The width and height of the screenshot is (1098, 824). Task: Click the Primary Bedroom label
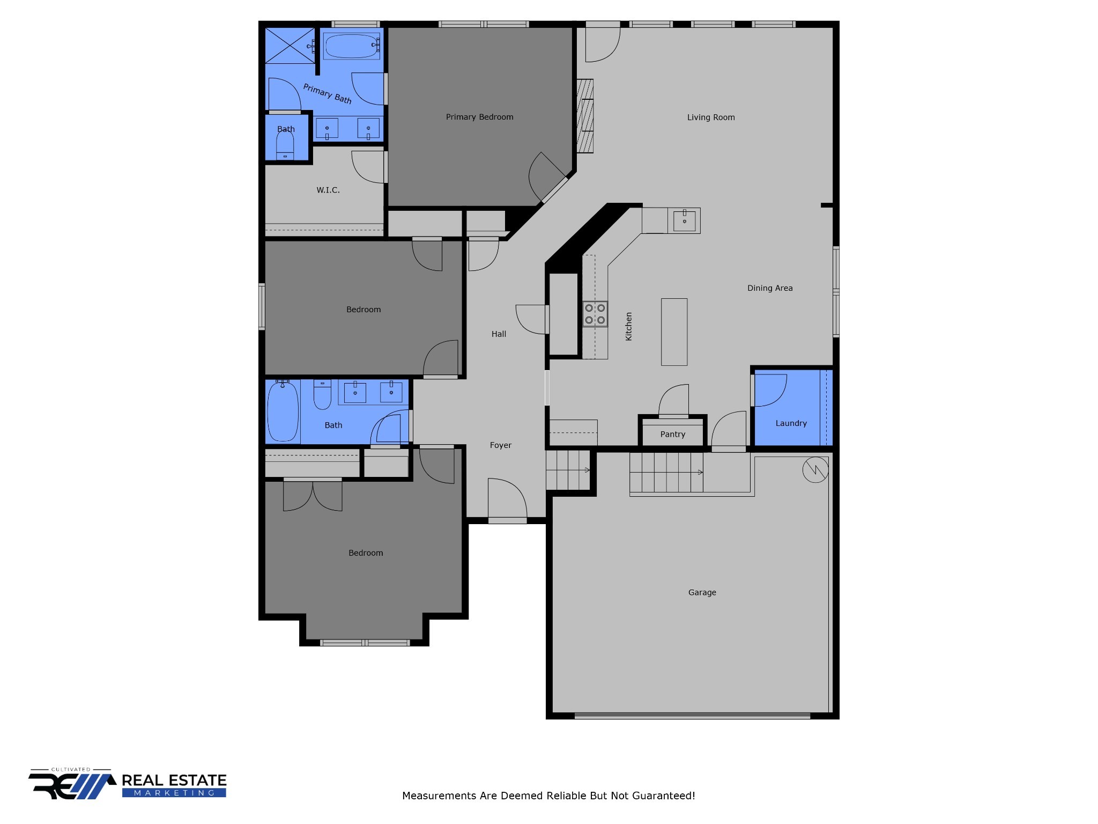point(479,117)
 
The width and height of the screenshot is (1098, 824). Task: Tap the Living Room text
point(711,117)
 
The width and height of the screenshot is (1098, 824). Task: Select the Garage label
point(702,592)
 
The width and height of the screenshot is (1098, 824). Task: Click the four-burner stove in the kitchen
point(595,314)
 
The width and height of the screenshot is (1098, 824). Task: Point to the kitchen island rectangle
point(674,332)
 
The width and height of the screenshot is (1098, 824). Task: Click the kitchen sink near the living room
point(684,220)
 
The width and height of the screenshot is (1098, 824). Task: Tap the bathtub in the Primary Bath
point(351,46)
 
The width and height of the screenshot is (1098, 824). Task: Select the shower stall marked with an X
point(290,46)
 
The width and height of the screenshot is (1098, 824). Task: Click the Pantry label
point(673,435)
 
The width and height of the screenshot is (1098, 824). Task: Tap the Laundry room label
point(791,423)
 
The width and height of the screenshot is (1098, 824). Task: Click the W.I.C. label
point(328,190)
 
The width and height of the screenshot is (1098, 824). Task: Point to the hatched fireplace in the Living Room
point(585,116)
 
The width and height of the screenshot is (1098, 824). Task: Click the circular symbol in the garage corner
point(815,470)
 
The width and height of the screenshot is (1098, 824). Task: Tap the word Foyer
point(500,445)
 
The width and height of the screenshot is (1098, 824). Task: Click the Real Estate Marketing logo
point(128,784)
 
